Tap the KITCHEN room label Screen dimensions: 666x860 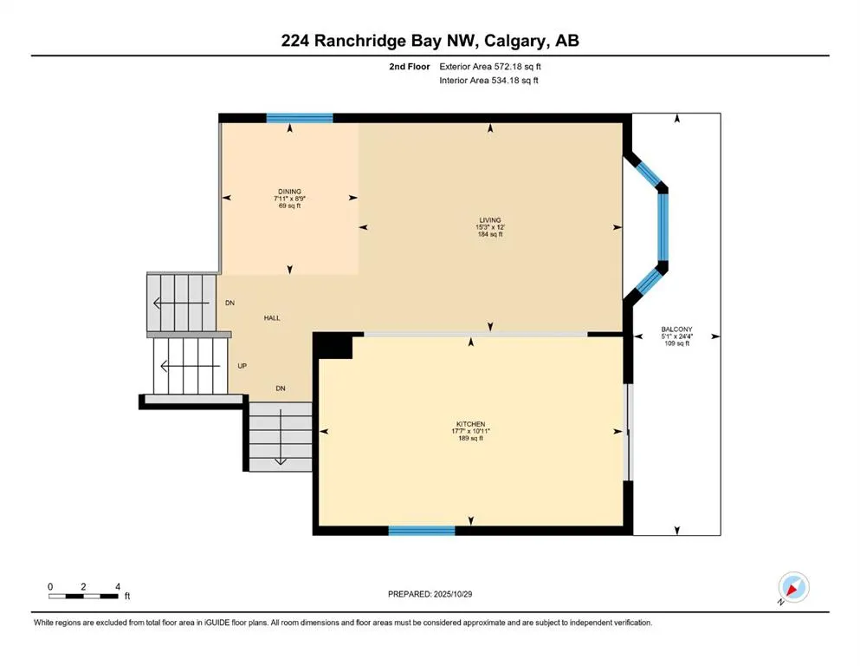pos(470,424)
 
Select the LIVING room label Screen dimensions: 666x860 pos(491,220)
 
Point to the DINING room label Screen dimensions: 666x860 pos(288,192)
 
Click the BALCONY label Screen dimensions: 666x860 pos(676,330)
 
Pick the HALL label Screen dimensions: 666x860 pos(272,318)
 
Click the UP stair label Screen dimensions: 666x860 pos(242,366)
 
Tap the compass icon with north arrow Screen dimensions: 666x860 pos(793,588)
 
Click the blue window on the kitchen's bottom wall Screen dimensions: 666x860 pos(422,531)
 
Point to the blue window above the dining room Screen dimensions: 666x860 pos(299,118)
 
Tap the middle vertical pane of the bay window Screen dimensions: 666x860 pos(663,226)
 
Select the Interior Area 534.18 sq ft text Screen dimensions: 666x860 pos(495,81)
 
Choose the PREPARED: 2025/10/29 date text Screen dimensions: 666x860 pos(430,594)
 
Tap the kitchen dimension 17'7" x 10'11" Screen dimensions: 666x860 pos(470,431)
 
